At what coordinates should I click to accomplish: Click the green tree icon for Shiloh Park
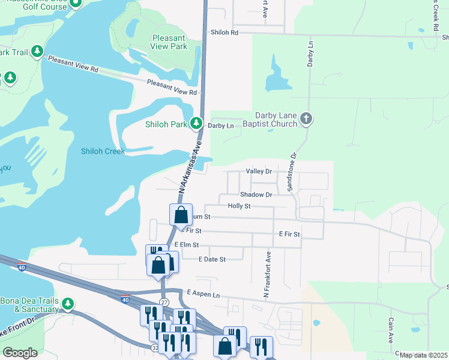(x=196, y=124)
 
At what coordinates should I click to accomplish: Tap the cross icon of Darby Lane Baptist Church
(x=306, y=118)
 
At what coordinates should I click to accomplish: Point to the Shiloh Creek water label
(x=103, y=151)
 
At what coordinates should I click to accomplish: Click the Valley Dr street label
(x=259, y=172)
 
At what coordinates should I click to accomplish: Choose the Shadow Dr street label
(x=256, y=194)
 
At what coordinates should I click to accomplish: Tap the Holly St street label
(x=239, y=206)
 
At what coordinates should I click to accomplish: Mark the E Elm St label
(x=187, y=245)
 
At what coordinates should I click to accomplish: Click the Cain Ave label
(x=390, y=331)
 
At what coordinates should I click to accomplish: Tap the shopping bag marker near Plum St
(x=181, y=215)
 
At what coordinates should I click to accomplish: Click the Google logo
(x=20, y=353)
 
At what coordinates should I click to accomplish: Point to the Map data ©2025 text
(x=423, y=355)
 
